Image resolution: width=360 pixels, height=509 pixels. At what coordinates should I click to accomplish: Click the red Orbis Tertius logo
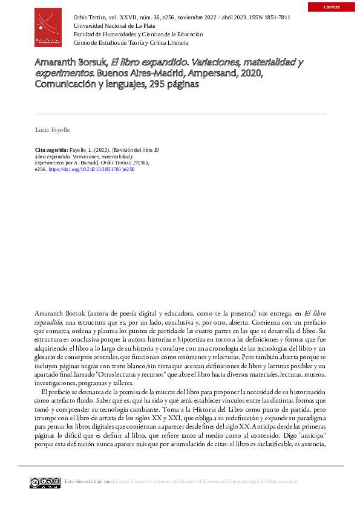tap(48, 27)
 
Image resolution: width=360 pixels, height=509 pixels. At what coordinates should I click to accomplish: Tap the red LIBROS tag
tap(332, 7)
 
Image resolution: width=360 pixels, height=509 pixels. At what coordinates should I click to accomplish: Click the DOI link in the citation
tap(91, 170)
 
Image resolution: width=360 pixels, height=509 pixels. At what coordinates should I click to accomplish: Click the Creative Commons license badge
tap(45, 482)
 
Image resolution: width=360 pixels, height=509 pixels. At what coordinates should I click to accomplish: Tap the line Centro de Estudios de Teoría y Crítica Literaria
tap(131, 43)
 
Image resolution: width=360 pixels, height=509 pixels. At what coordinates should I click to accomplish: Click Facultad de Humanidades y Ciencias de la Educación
tap(138, 34)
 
